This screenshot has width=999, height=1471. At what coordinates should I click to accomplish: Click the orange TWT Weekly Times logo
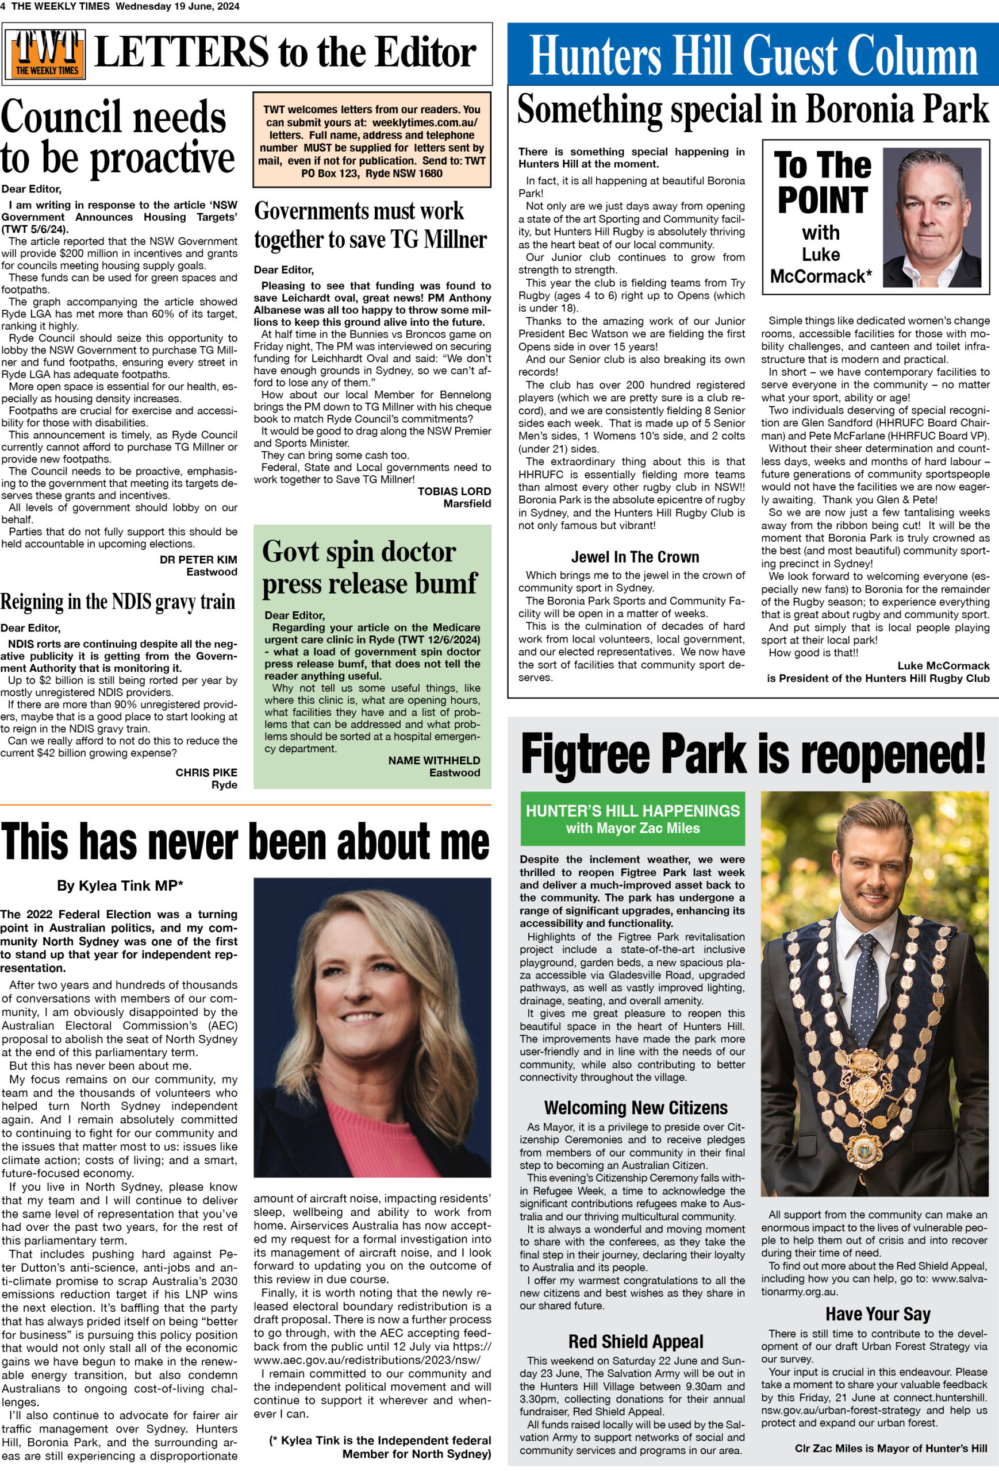(48, 54)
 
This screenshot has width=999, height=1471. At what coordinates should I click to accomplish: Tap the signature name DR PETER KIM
(198, 560)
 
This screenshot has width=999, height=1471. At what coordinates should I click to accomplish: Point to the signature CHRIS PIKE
(206, 772)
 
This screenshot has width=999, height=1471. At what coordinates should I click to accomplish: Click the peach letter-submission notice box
(372, 141)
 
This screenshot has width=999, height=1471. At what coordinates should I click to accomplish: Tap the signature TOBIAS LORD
(454, 491)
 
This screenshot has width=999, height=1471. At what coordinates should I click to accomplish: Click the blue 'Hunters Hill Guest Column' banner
(753, 55)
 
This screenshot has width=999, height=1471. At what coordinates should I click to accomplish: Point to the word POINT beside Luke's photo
(822, 201)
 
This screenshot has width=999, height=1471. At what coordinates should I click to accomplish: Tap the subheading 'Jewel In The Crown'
(635, 557)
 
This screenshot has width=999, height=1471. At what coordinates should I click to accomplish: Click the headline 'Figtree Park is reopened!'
(753, 754)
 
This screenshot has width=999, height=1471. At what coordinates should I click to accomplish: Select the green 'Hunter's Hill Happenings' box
(632, 818)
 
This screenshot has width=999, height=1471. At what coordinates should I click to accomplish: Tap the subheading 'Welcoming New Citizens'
(636, 1108)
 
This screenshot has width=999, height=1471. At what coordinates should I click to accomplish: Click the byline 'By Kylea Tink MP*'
(120, 885)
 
